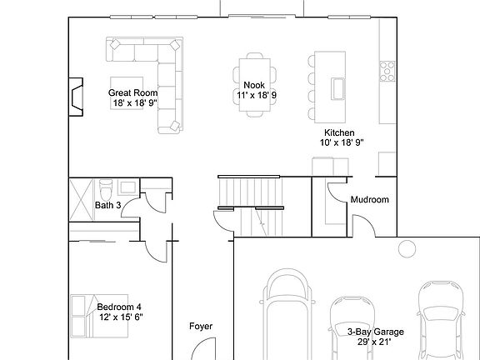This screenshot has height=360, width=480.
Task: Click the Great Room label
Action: (133, 92)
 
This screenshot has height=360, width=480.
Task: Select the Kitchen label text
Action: (340, 132)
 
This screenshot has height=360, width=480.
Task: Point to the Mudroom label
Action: (369, 200)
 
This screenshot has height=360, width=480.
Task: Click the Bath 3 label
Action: (108, 204)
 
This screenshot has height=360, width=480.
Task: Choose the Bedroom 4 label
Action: (119, 307)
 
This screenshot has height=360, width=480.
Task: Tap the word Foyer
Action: (201, 326)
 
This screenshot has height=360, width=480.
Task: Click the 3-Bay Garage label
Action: (375, 331)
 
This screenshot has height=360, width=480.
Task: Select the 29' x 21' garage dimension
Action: (375, 341)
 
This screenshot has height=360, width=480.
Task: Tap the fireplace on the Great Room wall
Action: (76, 96)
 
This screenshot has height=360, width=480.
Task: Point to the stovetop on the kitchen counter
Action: (387, 71)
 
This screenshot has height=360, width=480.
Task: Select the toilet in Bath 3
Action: (106, 185)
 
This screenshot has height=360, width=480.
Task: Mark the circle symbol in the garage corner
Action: (407, 248)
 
